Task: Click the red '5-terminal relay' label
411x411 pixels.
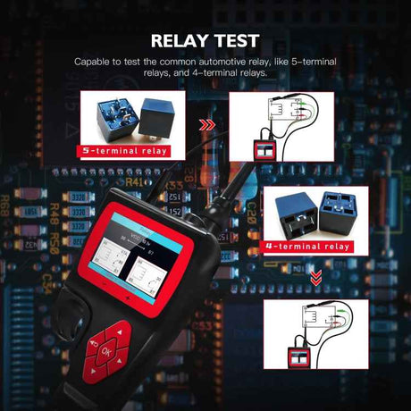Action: (x=124, y=152)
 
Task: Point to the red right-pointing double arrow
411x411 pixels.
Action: (x=207, y=126)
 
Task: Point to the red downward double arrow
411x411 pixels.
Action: (x=315, y=279)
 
